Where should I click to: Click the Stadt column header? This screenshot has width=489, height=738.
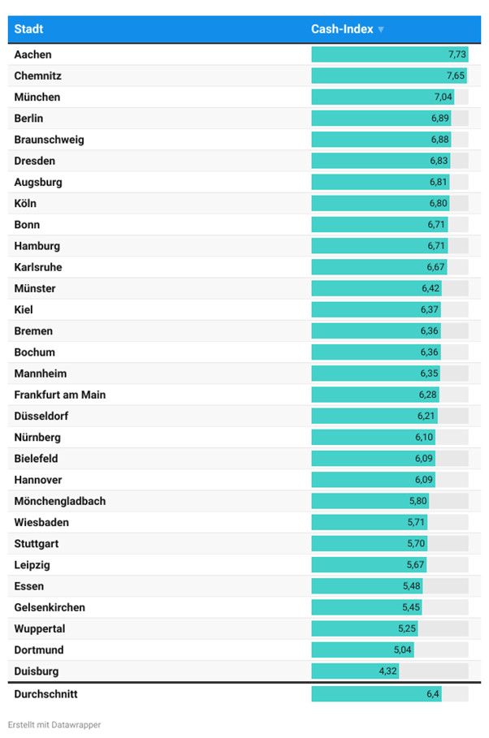click(28, 29)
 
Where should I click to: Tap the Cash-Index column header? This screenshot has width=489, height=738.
click(342, 29)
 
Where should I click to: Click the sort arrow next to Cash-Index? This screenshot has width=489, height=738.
click(381, 30)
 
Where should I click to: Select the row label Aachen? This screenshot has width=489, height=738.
click(32, 54)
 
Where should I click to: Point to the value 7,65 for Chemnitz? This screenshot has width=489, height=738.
click(456, 76)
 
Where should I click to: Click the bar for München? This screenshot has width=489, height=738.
click(382, 97)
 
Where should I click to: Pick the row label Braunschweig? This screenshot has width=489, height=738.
click(49, 140)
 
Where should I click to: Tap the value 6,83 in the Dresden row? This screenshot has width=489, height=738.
click(439, 161)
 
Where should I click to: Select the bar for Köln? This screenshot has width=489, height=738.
click(380, 204)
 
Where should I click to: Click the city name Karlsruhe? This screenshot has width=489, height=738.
click(38, 267)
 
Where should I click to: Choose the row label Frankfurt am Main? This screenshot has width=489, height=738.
click(60, 395)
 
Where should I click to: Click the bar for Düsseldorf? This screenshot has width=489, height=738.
click(374, 416)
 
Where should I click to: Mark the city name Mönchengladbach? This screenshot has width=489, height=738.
click(60, 501)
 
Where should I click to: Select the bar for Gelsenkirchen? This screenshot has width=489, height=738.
click(366, 607)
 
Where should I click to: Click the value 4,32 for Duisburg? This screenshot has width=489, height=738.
click(387, 671)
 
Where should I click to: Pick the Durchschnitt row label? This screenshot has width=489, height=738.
click(45, 694)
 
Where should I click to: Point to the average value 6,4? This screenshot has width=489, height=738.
click(433, 694)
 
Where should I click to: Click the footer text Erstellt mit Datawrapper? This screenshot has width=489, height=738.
click(54, 724)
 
